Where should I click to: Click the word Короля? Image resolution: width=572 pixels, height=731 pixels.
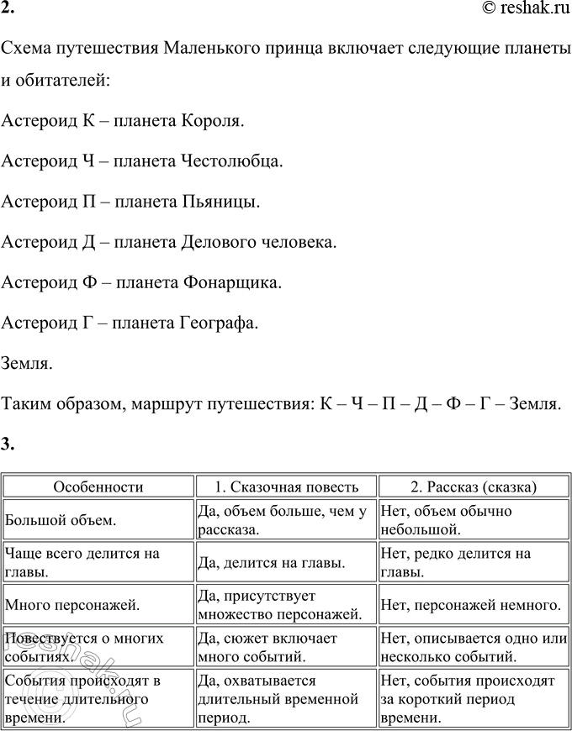point(213,121)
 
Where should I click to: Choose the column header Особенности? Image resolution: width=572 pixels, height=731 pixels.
point(98,486)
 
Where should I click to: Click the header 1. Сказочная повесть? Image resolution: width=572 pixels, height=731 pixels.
point(286,486)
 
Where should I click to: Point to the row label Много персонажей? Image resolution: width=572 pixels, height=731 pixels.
point(72,603)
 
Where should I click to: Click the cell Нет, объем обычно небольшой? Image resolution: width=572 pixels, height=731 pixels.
point(446,520)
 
